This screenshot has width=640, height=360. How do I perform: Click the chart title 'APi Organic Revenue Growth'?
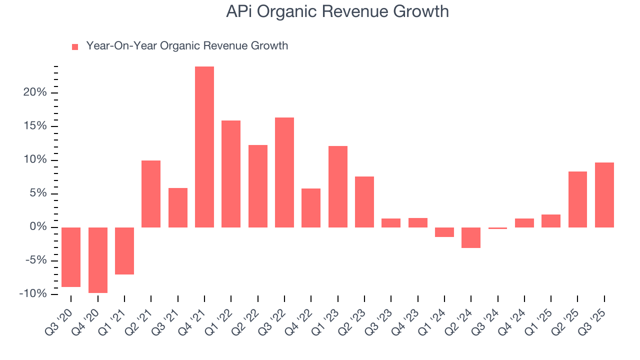(x=337, y=11)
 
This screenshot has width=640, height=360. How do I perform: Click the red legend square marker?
(x=75, y=46)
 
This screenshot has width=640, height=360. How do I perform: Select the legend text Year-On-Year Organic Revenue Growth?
(x=187, y=46)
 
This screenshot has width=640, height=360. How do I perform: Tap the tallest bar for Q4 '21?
(x=204, y=147)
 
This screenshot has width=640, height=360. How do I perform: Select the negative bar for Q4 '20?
(x=98, y=260)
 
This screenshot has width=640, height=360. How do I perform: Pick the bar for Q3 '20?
(x=71, y=257)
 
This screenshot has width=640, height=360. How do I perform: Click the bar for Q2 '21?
(x=151, y=194)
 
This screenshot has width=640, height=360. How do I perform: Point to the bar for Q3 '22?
(x=284, y=172)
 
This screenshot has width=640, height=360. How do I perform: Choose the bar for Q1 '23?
(x=338, y=186)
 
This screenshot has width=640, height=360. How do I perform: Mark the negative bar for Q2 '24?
(x=471, y=237)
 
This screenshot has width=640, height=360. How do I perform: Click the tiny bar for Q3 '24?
(x=498, y=228)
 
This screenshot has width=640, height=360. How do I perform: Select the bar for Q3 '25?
(x=604, y=195)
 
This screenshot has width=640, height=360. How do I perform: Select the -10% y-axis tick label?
(x=33, y=293)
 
